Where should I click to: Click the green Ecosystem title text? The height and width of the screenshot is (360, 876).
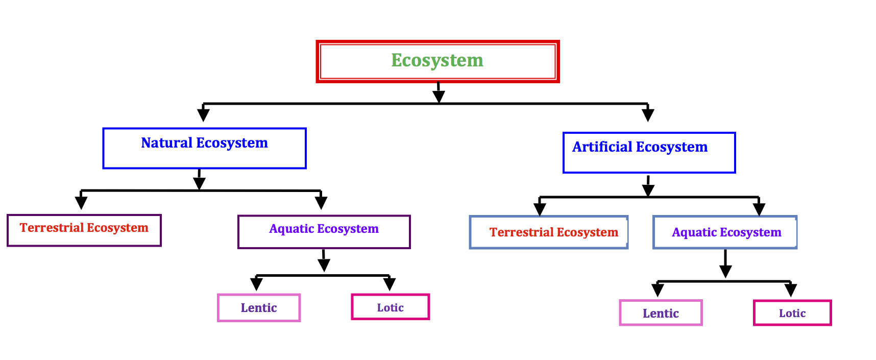pos(437,60)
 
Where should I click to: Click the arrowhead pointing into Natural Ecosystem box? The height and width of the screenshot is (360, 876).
pos(203,114)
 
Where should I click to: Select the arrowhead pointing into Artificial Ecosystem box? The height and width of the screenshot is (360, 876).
pos(648,114)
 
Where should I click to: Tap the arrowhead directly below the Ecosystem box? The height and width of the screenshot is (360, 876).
pos(439,96)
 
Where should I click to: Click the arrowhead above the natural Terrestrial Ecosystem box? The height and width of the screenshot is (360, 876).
pos(81,202)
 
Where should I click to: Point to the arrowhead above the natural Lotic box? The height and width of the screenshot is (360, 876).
pos(390,284)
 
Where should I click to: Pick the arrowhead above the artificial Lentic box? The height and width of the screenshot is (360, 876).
pos(658,290)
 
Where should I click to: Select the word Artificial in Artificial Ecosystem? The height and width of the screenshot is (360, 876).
pos(602,147)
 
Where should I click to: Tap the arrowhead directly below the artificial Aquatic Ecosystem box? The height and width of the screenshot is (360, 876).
pos(725,271)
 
